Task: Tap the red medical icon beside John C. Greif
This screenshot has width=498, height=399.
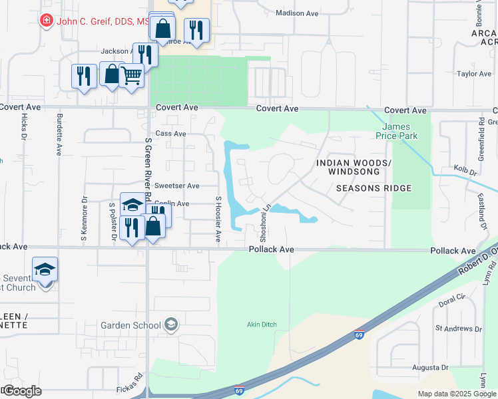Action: [x=46, y=21]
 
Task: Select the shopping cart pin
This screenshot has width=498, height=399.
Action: [x=132, y=76]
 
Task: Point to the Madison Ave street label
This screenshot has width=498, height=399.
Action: [x=298, y=13]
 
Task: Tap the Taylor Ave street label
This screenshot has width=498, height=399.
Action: [x=474, y=74]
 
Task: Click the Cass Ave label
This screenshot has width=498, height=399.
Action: [x=170, y=133]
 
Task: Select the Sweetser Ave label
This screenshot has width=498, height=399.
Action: [x=177, y=186]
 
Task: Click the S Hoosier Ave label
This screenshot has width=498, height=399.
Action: [x=218, y=219]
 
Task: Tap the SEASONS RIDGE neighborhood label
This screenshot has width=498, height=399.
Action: [x=373, y=188]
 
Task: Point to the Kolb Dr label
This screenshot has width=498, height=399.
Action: [x=465, y=171]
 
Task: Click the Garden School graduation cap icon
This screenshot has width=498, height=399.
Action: [x=171, y=325]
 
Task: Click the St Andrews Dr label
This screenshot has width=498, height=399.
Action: [x=458, y=328]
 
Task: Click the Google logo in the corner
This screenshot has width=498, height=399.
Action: [x=22, y=391]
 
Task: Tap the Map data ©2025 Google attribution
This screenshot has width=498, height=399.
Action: [x=456, y=394]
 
